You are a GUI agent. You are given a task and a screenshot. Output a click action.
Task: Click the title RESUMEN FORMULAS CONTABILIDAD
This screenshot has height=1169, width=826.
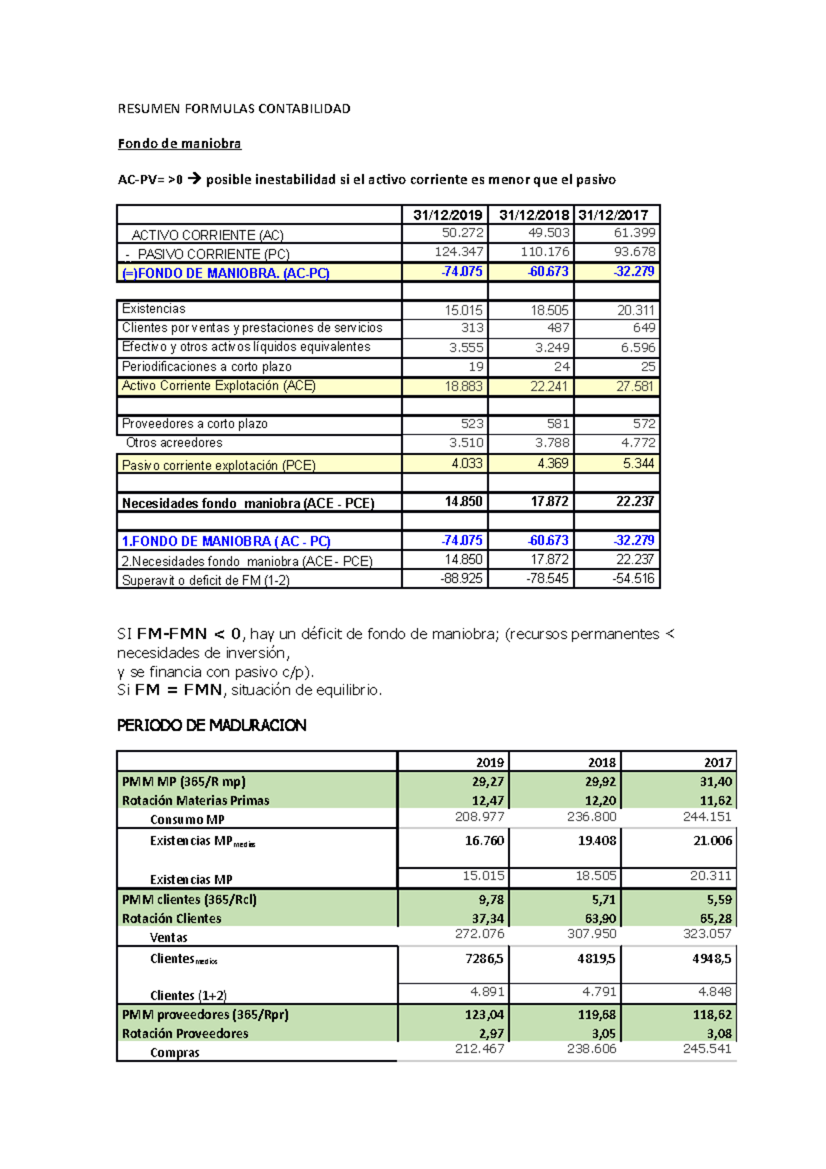(x=234, y=108)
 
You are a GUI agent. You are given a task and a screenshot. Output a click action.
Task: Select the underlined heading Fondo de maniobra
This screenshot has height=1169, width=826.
(x=179, y=143)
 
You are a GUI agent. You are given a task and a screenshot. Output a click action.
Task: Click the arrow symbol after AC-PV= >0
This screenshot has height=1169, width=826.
(x=194, y=179)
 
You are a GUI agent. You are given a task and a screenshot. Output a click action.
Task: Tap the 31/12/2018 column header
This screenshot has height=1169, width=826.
(x=533, y=215)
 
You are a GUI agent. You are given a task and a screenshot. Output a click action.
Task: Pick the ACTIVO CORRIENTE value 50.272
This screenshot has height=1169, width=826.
(x=463, y=233)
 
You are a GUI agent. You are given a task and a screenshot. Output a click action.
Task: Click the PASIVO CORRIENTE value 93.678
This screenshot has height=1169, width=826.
(x=634, y=252)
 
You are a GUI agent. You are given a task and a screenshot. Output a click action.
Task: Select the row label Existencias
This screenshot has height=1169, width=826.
(x=153, y=308)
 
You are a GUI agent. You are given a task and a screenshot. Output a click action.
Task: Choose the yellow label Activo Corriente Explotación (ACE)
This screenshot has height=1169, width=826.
(x=218, y=386)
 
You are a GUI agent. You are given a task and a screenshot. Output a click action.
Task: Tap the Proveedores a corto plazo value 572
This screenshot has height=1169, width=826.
(x=644, y=423)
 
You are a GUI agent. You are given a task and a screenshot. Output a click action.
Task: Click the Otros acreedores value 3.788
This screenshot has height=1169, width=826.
(x=551, y=443)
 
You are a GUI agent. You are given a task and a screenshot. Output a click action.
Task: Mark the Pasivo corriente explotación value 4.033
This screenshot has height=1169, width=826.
(x=467, y=463)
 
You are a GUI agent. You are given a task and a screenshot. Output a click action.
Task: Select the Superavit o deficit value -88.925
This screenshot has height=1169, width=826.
(x=461, y=578)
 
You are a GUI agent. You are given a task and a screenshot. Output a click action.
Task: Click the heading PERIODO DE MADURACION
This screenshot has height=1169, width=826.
(x=211, y=725)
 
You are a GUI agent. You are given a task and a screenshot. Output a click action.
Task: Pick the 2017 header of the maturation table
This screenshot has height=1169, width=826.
(x=717, y=762)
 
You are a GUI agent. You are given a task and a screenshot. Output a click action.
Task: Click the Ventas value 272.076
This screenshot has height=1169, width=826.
(x=479, y=934)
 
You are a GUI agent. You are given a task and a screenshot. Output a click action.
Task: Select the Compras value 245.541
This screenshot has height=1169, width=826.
(x=707, y=1049)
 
